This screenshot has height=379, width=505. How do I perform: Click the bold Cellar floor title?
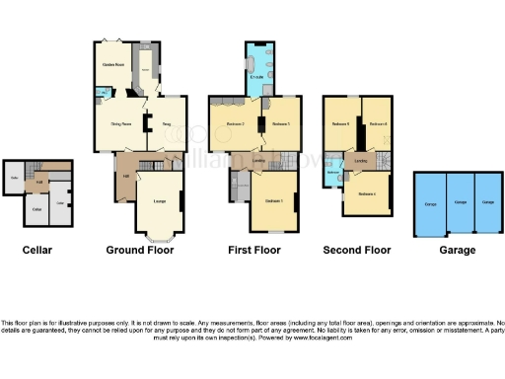click(36, 251)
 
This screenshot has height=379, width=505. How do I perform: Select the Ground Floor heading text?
click(140, 251)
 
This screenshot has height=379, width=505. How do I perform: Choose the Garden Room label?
click(113, 65)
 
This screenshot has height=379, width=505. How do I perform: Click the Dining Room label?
click(119, 125)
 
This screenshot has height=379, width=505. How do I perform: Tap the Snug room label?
click(167, 125)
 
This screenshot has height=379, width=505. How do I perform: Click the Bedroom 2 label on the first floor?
click(235, 125)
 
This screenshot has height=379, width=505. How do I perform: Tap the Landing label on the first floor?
click(258, 158)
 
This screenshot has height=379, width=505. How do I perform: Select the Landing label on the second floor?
click(361, 160)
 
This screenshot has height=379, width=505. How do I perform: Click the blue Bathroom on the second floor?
click(332, 171)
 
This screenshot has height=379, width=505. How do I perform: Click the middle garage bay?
click(459, 203)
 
